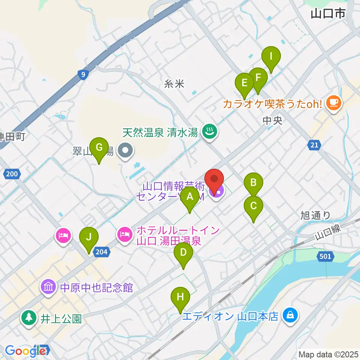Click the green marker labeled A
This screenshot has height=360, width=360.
pyautogui.click(x=190, y=196)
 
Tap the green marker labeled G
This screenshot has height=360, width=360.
pyautogui.click(x=99, y=148)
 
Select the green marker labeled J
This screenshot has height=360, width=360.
pyautogui.click(x=89, y=238)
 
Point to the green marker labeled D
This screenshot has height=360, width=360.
pyautogui.click(x=183, y=253)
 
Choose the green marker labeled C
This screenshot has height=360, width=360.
pyautogui.click(x=253, y=206)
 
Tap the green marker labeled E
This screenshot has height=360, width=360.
pyautogui.click(x=244, y=83)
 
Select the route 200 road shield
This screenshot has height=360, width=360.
pyautogui.click(x=12, y=174)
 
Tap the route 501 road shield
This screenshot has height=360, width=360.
pyautogui.click(x=325, y=256)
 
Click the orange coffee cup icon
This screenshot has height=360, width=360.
pyautogui.click(x=333, y=102)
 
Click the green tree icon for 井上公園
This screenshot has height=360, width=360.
pyautogui.click(x=28, y=318)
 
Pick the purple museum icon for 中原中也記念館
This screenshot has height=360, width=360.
pyautogui.click(x=49, y=287)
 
